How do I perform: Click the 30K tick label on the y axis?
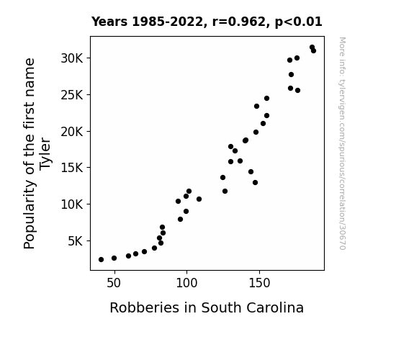tap(72, 58)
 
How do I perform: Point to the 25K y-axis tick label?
tap(72, 95)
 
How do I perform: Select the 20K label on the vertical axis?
tap(72, 131)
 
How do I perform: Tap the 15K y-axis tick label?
tap(72, 168)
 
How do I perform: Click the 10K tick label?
tap(72, 204)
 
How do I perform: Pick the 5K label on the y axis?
tap(76, 241)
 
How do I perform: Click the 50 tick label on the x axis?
tap(114, 283)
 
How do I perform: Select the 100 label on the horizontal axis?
tap(186, 283)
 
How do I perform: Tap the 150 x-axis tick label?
tap(259, 283)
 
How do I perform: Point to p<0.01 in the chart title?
tap(298, 22)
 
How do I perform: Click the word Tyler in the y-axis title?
tap(45, 154)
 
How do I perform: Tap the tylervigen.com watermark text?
tap(342, 143)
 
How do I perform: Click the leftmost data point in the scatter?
tap(101, 260)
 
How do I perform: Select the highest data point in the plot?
tap(312, 48)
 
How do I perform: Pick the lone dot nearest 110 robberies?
tap(199, 199)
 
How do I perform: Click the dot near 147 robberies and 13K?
tap(255, 182)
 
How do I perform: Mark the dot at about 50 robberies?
tap(114, 258)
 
